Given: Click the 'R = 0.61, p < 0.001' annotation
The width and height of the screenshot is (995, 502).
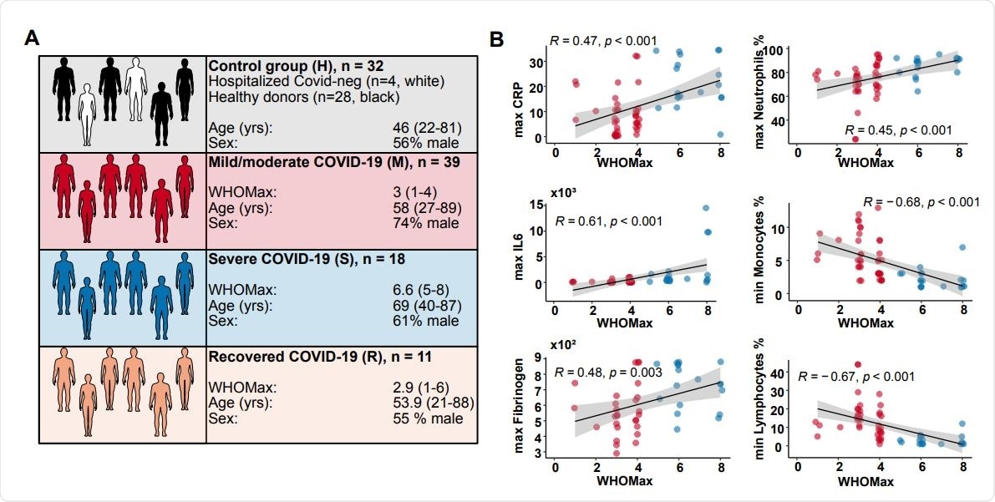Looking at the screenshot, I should tap(609, 221).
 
